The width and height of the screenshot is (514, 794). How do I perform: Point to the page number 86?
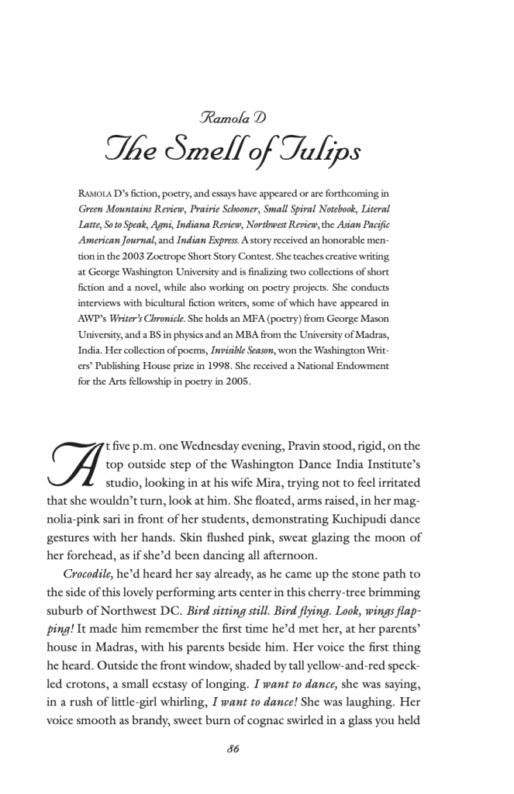point(233,747)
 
